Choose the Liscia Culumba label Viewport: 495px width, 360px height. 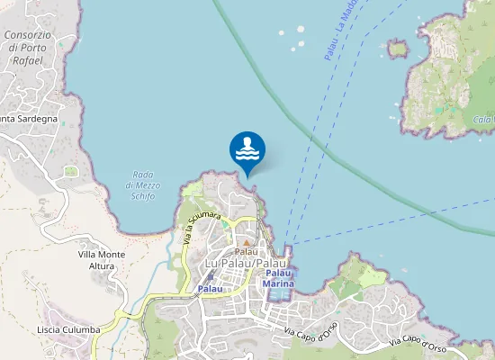68,329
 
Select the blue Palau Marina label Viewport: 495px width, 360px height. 278,278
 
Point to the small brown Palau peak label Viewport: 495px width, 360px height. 246,251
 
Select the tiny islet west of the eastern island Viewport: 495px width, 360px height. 398,48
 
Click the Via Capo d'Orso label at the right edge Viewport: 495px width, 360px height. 419,342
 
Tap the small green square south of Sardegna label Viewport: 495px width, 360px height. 71,170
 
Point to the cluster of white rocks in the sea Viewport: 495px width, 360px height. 295,37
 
